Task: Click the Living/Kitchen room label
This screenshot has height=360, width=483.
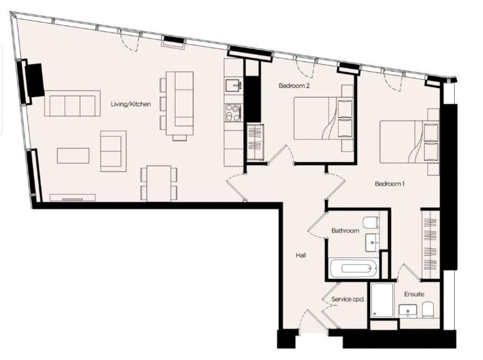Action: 131,104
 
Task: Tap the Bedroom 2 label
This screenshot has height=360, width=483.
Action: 294,85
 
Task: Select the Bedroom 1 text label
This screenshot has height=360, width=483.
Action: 390,184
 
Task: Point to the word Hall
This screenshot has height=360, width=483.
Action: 301,255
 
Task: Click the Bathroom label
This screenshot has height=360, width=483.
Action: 345,231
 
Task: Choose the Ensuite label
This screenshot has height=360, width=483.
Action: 414,294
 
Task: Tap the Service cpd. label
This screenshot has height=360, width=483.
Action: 348,299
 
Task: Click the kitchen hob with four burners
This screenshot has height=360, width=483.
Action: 233,113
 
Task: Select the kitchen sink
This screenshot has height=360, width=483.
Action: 234,85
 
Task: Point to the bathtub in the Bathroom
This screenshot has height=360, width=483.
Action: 353,268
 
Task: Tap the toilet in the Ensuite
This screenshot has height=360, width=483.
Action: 428,310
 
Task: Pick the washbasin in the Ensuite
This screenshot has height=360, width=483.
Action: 408,311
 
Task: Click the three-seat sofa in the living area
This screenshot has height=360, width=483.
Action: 72,103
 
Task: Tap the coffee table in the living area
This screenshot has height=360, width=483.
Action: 73,156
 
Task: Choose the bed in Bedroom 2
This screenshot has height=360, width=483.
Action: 324,118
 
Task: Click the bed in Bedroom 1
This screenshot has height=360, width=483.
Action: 409,142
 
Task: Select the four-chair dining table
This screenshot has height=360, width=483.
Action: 159,183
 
